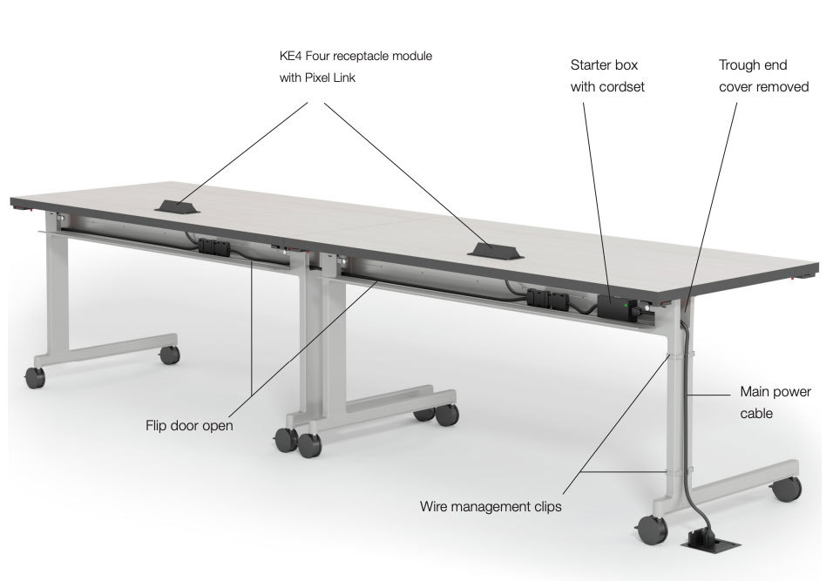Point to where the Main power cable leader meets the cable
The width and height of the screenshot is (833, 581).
tap(687, 395)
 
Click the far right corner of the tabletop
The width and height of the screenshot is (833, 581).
tap(817, 263)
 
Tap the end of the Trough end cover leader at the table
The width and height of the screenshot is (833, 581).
tap(687, 310)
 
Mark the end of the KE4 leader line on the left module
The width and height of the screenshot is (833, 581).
tap(179, 202)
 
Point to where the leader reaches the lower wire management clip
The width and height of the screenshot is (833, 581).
tap(667, 471)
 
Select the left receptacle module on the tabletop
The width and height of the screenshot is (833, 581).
tap(177, 206)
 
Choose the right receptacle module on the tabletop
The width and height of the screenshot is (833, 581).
tap(495, 250)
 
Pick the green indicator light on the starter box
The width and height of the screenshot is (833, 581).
tap(626, 306)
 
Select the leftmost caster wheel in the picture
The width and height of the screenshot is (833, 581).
tap(35, 377)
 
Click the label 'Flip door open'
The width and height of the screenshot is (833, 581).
tap(189, 425)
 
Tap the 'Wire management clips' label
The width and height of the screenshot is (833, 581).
tap(491, 507)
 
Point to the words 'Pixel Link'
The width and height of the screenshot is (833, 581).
tap(329, 78)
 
